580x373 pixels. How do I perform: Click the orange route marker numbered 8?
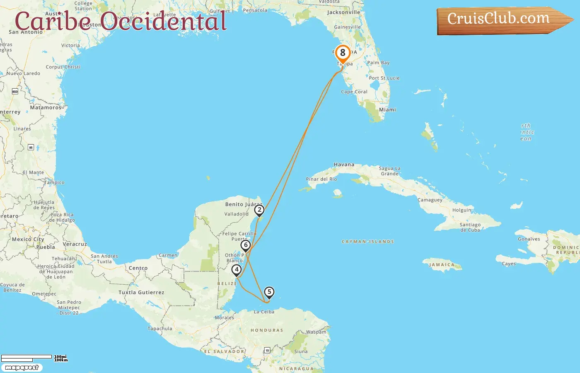click(x=343, y=53)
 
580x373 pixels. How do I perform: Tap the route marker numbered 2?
click(x=259, y=210)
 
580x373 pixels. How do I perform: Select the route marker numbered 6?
click(x=246, y=245)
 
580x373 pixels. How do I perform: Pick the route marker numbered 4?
click(x=237, y=270)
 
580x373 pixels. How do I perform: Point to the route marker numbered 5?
click(x=269, y=292)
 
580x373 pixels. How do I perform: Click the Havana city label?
click(x=344, y=165)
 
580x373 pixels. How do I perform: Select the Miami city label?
click(x=387, y=110)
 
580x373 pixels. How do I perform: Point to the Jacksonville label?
click(x=343, y=12)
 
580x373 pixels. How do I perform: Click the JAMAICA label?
click(x=442, y=265)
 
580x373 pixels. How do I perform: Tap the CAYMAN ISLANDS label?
click(x=367, y=242)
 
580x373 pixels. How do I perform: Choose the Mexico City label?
click(x=28, y=240)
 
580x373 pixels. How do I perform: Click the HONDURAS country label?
click(x=267, y=330)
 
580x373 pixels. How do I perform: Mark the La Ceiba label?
click(x=264, y=312)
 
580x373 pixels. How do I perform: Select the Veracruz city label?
click(x=75, y=244)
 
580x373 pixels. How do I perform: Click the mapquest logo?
click(x=22, y=368)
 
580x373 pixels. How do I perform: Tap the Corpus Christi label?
click(x=63, y=67)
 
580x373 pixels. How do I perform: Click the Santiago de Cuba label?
click(x=470, y=227)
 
